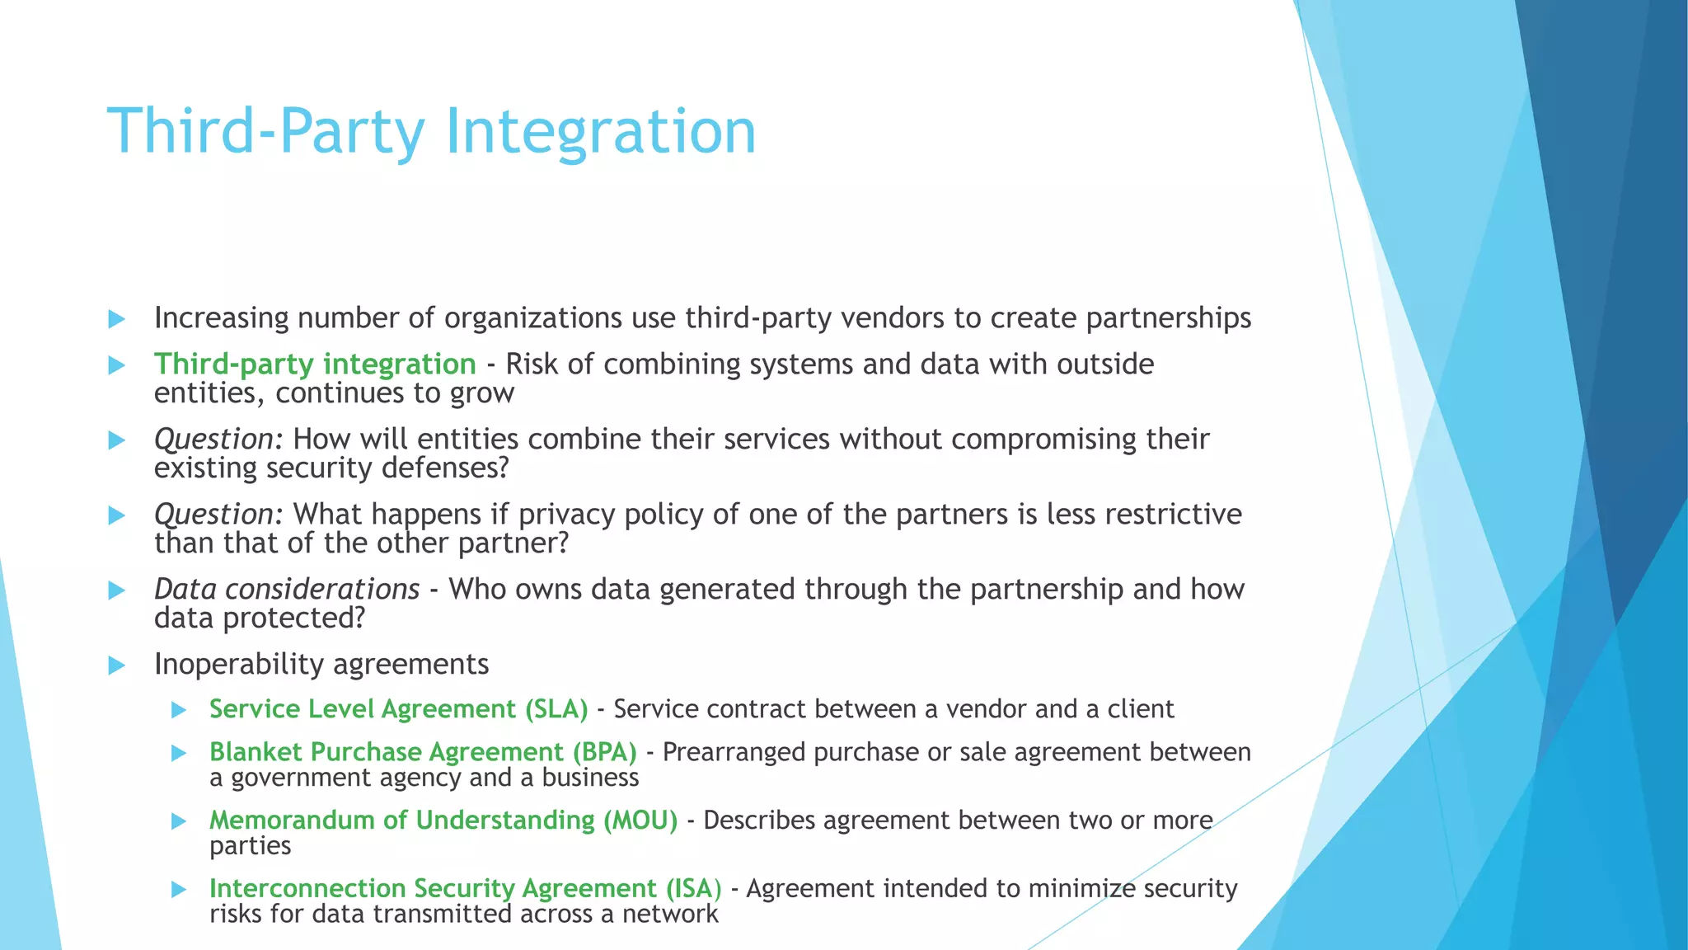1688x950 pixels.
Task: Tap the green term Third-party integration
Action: click(x=315, y=364)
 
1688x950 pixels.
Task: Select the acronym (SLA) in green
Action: click(x=556, y=709)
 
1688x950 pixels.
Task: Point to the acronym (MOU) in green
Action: click(x=640, y=821)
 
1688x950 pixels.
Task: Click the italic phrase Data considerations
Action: click(x=287, y=589)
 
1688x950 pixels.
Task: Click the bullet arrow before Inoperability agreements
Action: click(x=116, y=665)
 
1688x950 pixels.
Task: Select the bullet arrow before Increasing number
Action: click(x=116, y=319)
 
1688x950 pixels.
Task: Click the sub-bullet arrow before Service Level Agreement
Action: click(x=179, y=710)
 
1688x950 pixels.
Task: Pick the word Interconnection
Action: click(x=307, y=888)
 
